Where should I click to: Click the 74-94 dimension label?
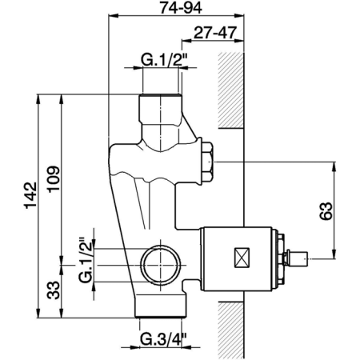click(x=181, y=8)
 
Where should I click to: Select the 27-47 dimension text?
click(x=215, y=33)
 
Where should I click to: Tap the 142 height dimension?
click(x=30, y=195)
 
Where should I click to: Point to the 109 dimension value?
click(x=54, y=178)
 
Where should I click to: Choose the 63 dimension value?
click(x=326, y=211)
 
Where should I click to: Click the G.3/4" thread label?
click(x=164, y=339)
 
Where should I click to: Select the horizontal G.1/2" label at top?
click(x=163, y=60)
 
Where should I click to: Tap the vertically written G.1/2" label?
click(x=86, y=260)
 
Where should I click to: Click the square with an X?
click(x=242, y=258)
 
